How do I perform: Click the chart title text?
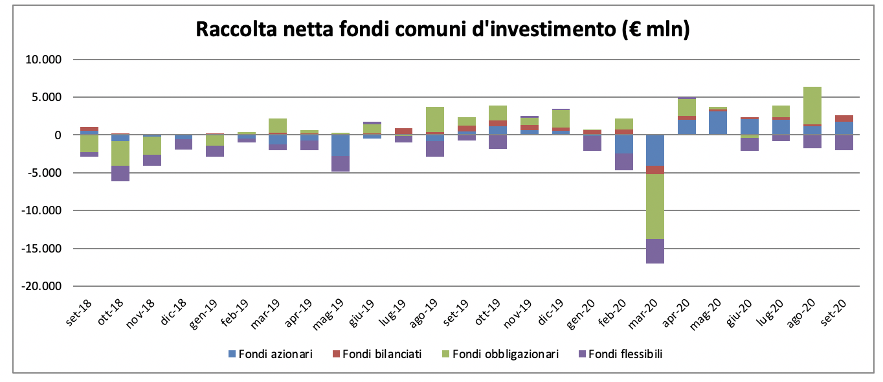442,30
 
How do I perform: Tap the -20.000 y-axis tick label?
41,286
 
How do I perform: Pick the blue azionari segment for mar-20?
654,150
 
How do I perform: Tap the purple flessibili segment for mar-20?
654,251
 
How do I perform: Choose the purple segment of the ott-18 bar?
120,174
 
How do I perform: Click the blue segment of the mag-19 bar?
340,146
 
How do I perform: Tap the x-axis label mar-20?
649,315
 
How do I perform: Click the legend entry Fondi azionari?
271,354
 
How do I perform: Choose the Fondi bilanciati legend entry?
377,354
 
